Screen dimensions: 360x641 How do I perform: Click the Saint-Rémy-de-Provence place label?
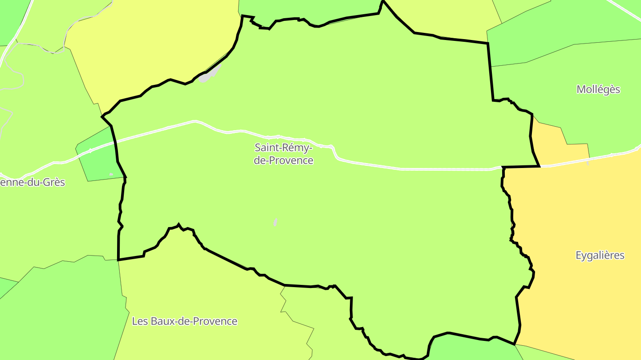click(x=284, y=154)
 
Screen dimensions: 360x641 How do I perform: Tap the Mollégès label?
click(x=598, y=89)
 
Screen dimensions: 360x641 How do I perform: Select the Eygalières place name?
click(x=600, y=256)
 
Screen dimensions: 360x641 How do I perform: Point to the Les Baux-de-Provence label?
click(x=184, y=321)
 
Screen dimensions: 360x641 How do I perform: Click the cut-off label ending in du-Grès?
click(x=32, y=182)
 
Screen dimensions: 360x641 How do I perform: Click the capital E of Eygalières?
click(x=579, y=256)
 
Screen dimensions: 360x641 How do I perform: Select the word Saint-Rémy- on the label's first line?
click(x=284, y=147)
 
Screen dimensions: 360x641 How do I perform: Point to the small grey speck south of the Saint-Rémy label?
click(x=276, y=222)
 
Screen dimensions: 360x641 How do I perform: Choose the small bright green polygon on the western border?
click(x=99, y=156)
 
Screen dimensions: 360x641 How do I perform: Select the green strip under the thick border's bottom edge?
click(x=472, y=349)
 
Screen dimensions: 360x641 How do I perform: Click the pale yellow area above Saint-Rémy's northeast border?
click(x=445, y=18)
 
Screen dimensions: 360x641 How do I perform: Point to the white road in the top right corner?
click(x=625, y=9)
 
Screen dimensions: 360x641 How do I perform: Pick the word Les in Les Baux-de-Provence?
click(x=139, y=321)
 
